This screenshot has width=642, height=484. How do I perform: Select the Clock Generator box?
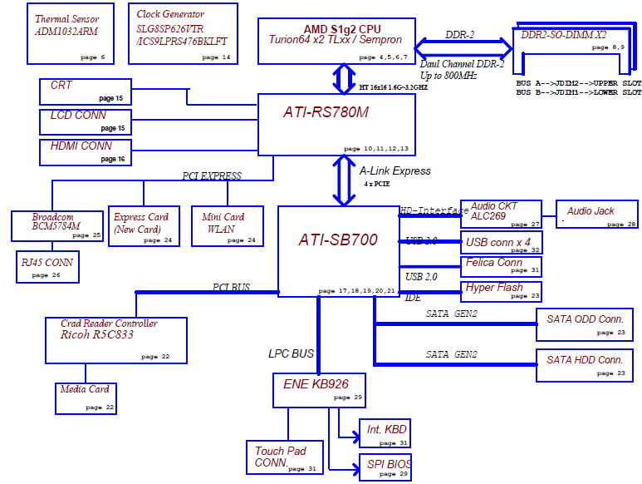pos(183,33)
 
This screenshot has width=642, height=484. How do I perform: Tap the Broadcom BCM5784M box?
pos(56,225)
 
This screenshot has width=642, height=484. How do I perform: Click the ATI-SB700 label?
pos(338,240)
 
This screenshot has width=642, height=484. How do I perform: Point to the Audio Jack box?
pos(596,215)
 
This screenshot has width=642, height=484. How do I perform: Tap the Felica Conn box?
pos(501,265)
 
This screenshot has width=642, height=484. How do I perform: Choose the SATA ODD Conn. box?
pos(584,323)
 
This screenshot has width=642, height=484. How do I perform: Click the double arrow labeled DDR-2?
pos(462,45)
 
